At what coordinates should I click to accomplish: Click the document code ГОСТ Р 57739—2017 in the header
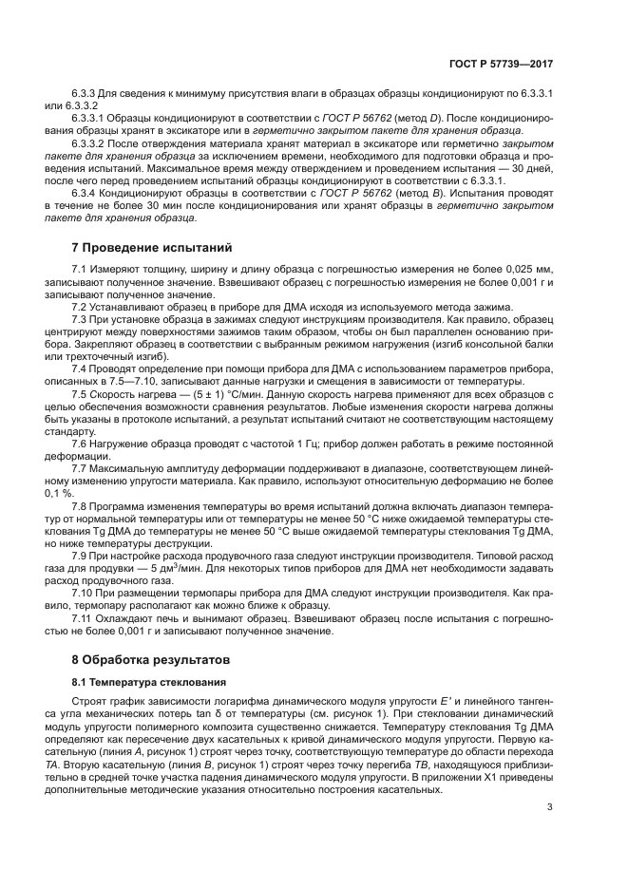501,64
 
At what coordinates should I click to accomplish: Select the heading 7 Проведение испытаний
152,248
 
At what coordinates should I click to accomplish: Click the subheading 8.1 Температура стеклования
149,682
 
